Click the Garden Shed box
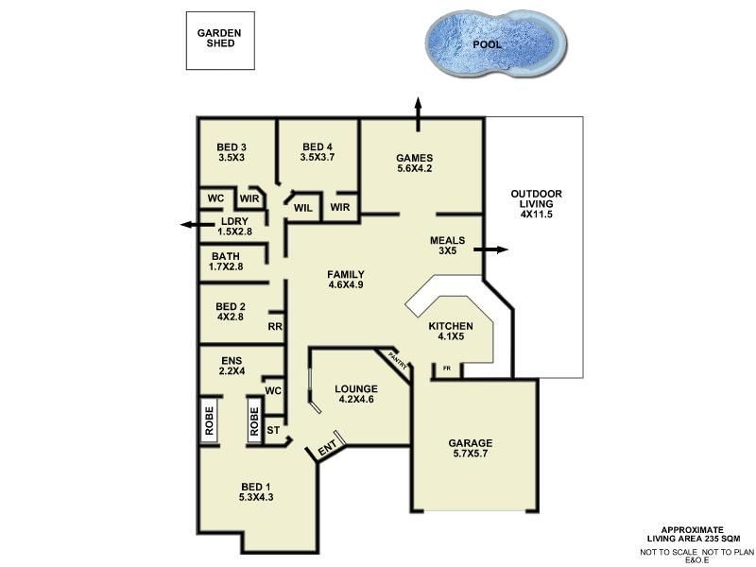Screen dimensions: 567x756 [x=219, y=41]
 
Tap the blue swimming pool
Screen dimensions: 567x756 [x=495, y=44]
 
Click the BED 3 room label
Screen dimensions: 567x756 [x=232, y=146]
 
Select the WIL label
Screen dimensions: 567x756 [x=303, y=207]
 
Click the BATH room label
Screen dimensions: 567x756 [x=226, y=256]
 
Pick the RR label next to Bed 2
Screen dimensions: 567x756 [x=275, y=327]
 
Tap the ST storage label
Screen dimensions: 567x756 [x=273, y=430]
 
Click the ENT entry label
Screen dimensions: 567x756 [x=327, y=452]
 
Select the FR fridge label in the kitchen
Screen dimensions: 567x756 [x=447, y=368]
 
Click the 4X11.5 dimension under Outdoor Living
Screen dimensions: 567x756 [x=535, y=215]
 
